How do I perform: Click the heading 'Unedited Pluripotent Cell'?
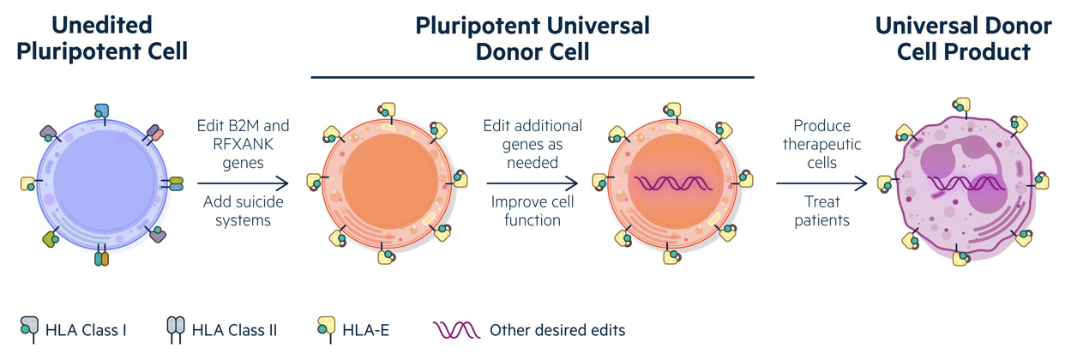tap(102, 38)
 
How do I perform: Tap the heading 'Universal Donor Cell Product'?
tap(963, 38)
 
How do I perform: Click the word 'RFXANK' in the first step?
tap(243, 144)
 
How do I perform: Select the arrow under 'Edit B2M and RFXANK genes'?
tap(243, 183)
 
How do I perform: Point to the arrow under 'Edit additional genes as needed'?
tap(532, 183)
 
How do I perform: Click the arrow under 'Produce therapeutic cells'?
tap(821, 183)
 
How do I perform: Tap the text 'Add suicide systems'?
tap(243, 211)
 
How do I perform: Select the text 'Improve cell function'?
tap(532, 211)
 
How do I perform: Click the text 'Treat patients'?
tap(822, 211)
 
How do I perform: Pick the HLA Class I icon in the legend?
tap(29, 328)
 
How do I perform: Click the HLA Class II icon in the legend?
tap(176, 329)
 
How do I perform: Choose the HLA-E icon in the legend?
tap(326, 328)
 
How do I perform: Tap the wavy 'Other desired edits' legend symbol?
tap(456, 330)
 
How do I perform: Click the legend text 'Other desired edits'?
tap(557, 330)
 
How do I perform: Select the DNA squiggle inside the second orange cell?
tap(674, 183)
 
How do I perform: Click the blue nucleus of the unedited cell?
tap(105, 181)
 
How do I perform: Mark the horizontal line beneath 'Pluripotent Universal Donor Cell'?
tap(532, 77)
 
